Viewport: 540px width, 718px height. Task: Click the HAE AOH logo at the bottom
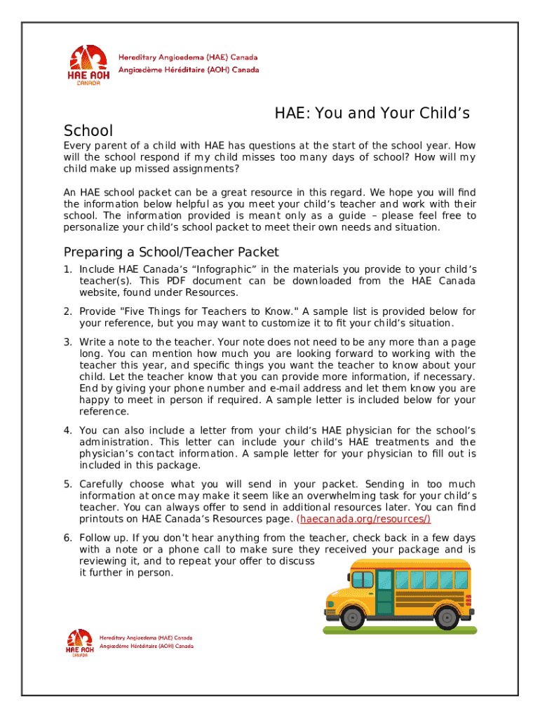tap(79, 644)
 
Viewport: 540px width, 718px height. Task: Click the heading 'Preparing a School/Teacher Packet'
tap(171, 252)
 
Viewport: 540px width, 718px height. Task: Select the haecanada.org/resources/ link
tap(364, 519)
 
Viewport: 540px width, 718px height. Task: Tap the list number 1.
tap(68, 269)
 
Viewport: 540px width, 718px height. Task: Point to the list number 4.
tap(68, 431)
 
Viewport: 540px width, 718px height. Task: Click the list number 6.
tap(68, 538)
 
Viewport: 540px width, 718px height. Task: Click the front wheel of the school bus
tap(353, 617)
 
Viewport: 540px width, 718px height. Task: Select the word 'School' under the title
tap(88, 131)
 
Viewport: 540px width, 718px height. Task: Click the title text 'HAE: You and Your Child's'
tap(372, 113)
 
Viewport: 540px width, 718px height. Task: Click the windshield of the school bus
tap(363, 579)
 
